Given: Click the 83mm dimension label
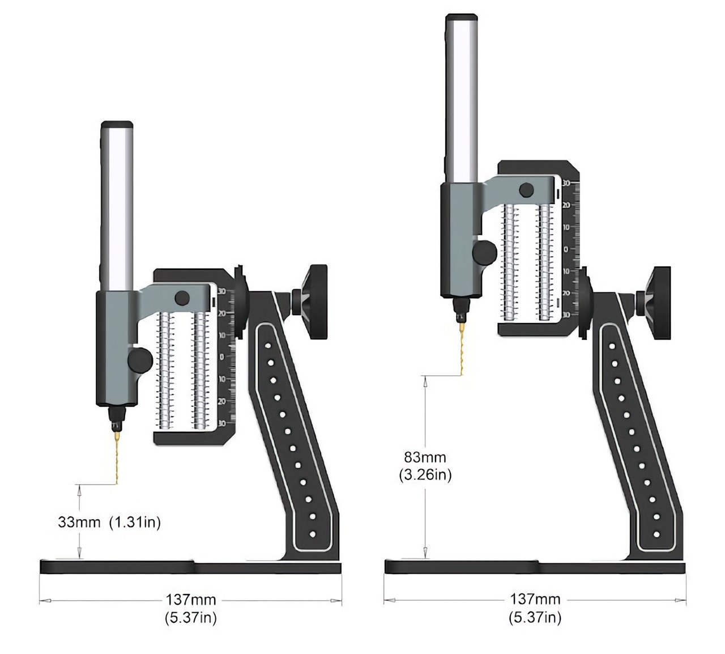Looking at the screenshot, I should coord(425,457).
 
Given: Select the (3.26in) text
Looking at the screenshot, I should coord(425,475).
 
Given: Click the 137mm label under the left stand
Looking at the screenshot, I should coord(191,599).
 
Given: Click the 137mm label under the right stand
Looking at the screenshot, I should coord(535,598).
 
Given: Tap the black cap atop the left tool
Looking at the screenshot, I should coord(117,125).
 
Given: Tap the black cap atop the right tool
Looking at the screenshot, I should coord(462,18).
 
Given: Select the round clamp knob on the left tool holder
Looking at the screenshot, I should coord(139,359).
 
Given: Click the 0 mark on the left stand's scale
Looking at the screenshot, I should coord(222,356).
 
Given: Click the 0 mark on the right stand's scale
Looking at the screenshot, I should coord(566,249).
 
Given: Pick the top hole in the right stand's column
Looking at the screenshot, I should coord(612,345).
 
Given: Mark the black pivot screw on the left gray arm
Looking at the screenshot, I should coord(182,298).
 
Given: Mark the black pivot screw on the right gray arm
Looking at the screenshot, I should coord(527,190).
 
